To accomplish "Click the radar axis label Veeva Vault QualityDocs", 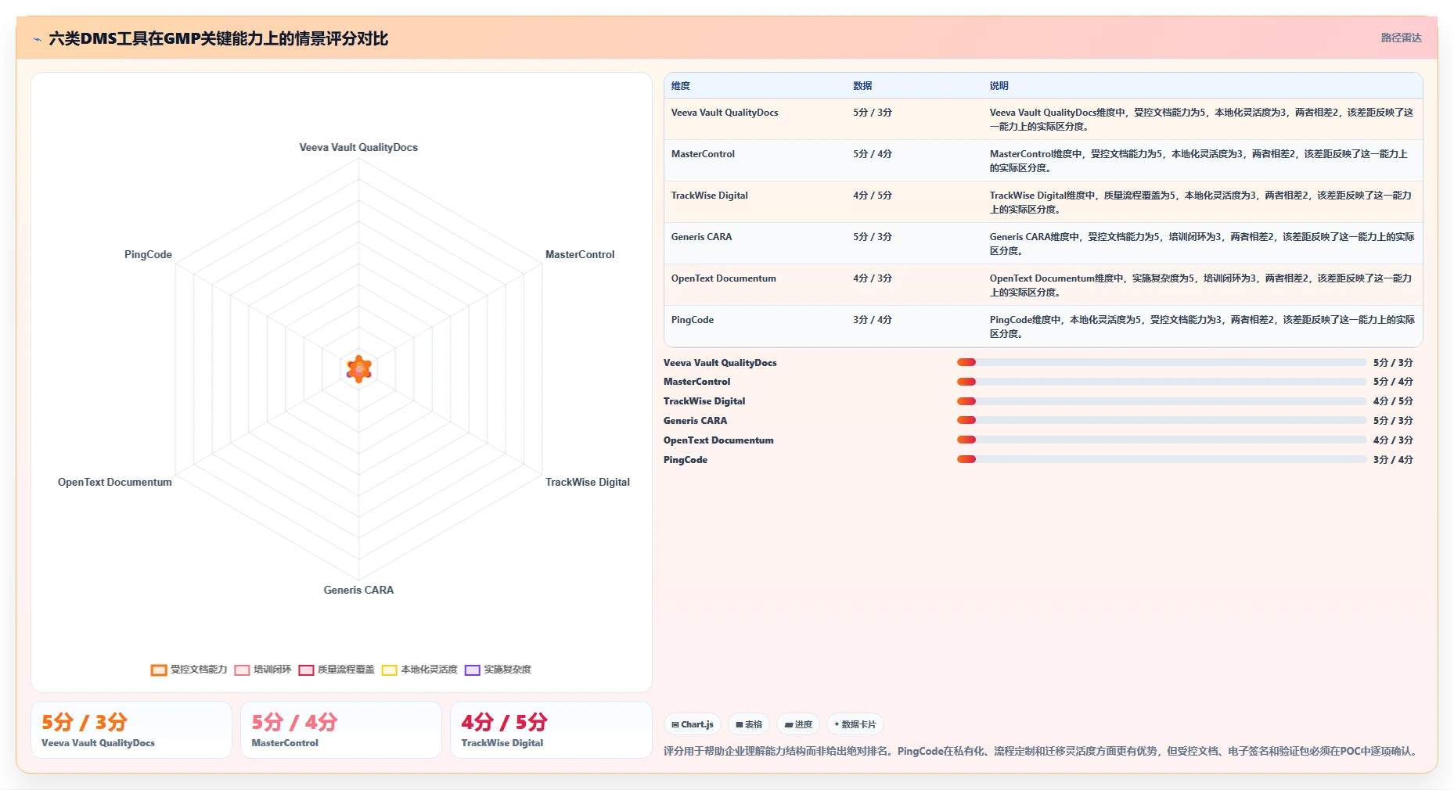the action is [358, 147].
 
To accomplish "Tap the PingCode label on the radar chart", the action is [148, 254].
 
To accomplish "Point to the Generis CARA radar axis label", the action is [358, 590].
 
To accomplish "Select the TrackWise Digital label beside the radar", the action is [588, 482].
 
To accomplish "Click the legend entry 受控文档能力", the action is [189, 670].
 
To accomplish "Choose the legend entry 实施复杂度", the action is [498, 670].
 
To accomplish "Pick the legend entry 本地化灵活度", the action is [419, 670].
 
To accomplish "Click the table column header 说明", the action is [999, 86].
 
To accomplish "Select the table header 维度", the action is [681, 86].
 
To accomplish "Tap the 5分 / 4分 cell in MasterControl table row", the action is [873, 154].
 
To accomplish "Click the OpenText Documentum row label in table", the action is [724, 278].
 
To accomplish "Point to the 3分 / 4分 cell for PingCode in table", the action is [873, 320].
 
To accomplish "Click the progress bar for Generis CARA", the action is [1161, 421].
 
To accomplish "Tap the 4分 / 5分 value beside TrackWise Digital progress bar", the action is [1393, 401].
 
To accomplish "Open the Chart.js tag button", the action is [693, 724].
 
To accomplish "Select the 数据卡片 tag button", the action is [855, 724].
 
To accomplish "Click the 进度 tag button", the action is [798, 724].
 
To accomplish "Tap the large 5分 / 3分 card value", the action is [85, 722].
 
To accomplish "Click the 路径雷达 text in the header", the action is [1401, 38].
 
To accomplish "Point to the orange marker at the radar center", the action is [359, 368].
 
